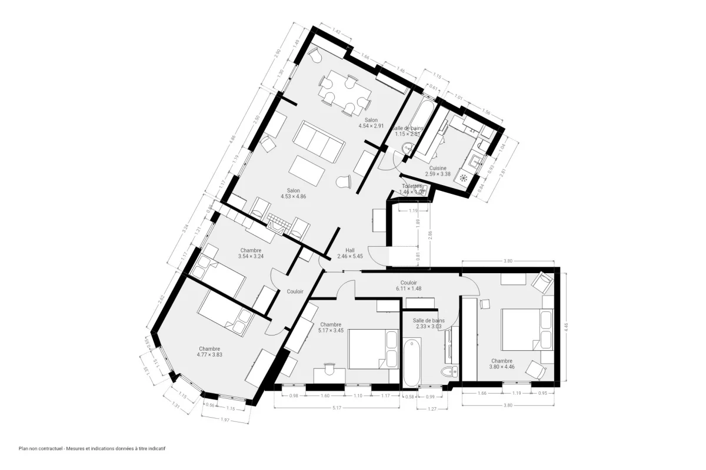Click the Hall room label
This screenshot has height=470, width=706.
tap(350, 249)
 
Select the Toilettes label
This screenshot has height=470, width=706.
tap(412, 186)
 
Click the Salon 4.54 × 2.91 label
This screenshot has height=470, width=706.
tap(371, 122)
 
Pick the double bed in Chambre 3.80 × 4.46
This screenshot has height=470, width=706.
tap(526, 331)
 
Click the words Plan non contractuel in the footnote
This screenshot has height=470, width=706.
tap(40, 448)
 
